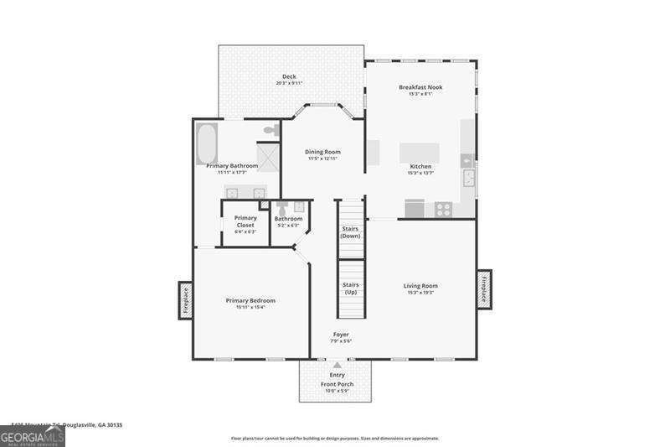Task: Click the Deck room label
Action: [x=289, y=76]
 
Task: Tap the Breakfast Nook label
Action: [x=420, y=87]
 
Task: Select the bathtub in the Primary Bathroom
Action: [x=207, y=143]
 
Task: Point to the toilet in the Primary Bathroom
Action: [x=271, y=131]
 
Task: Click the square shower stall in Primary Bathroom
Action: [x=267, y=156]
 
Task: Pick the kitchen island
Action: [x=419, y=153]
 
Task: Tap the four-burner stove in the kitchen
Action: [x=441, y=209]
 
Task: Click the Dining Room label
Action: [x=322, y=152]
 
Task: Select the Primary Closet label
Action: [x=245, y=221]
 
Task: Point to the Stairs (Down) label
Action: [x=351, y=232]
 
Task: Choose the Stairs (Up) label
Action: [x=351, y=288]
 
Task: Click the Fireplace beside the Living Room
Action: [x=484, y=289]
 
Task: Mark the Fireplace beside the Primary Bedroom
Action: [x=185, y=300]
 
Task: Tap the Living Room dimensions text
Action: [x=420, y=293]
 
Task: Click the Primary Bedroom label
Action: [x=250, y=300]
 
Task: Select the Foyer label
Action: [x=341, y=334]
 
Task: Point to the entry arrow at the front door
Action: [x=338, y=365]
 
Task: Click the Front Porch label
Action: [x=338, y=384]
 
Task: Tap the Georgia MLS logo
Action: [x=32, y=438]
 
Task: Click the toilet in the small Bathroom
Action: [x=282, y=208]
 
